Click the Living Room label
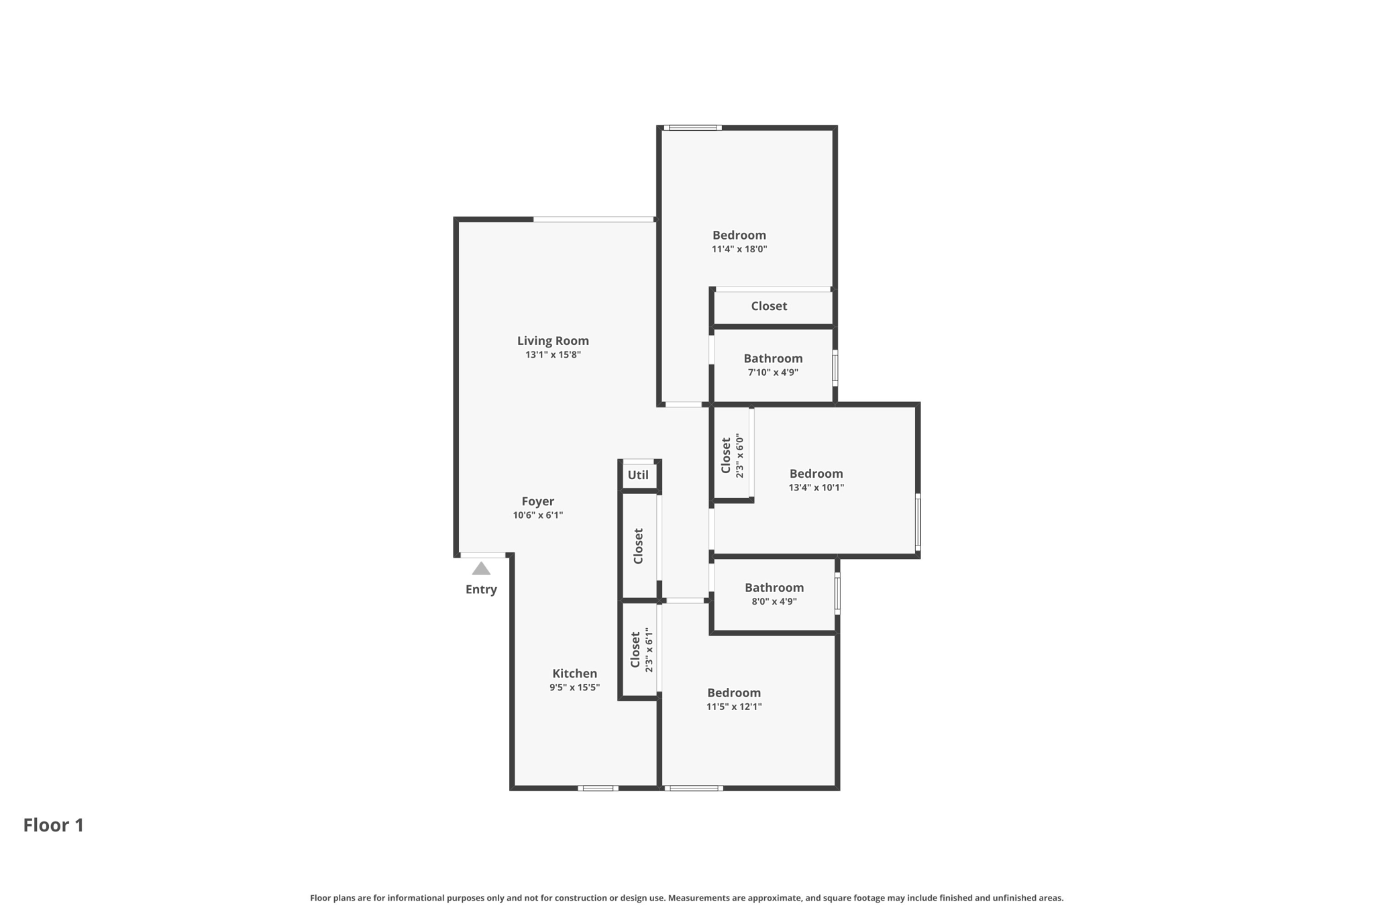click(x=553, y=341)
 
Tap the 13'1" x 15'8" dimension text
click(x=553, y=355)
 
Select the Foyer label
click(x=538, y=501)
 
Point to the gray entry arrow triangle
click(x=481, y=569)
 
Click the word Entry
click(x=481, y=590)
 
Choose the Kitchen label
click(x=574, y=674)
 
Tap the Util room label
click(x=638, y=475)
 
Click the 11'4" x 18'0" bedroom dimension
click(x=739, y=250)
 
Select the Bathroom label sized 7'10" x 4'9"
click(x=773, y=358)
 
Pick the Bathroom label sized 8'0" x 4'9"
click(x=774, y=588)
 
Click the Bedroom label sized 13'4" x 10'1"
click(x=816, y=474)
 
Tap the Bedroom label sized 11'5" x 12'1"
click(x=734, y=693)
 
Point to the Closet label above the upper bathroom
click(x=769, y=306)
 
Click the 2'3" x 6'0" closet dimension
click(x=740, y=456)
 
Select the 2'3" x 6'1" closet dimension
click(x=649, y=650)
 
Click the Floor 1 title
click(x=54, y=825)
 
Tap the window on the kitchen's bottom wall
click(x=598, y=788)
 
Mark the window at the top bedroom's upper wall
click(x=693, y=128)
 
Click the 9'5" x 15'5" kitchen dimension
click(x=574, y=688)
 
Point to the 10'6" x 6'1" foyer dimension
click(x=538, y=515)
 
